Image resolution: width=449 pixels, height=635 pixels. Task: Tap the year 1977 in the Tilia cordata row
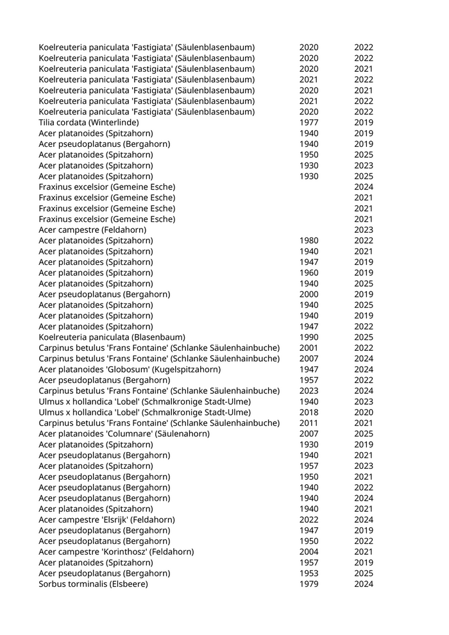[309, 123]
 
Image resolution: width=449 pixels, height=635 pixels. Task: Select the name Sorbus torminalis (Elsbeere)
[93, 584]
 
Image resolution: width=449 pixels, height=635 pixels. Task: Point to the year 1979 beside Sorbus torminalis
[309, 584]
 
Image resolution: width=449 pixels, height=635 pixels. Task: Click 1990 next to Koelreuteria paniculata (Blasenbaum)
[309, 337]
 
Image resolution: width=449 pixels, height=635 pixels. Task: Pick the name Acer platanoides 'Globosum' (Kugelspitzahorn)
[130, 369]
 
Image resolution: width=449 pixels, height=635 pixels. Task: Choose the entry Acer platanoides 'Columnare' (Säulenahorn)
[124, 434]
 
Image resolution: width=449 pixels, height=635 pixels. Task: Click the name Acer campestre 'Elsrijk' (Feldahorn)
[106, 520]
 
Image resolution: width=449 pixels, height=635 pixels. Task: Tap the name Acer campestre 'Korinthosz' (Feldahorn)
[116, 552]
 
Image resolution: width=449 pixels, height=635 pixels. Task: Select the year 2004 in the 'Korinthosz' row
[309, 552]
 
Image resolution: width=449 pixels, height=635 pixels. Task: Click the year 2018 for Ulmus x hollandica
[309, 412]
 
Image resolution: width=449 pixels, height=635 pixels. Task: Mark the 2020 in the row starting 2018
[364, 412]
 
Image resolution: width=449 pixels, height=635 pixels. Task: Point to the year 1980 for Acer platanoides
[309, 241]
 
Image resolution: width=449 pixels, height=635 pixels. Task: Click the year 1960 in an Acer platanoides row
[309, 273]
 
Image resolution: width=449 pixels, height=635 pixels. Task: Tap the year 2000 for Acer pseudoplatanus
[309, 294]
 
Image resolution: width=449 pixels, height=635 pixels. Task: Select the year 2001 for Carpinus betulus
[309, 348]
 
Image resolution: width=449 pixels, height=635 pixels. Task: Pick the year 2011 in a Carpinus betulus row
[309, 423]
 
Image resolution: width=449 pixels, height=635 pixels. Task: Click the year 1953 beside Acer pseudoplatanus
[309, 573]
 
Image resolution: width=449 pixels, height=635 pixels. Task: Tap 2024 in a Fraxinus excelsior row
[364, 187]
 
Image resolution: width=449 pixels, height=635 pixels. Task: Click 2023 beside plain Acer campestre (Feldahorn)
[364, 230]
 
